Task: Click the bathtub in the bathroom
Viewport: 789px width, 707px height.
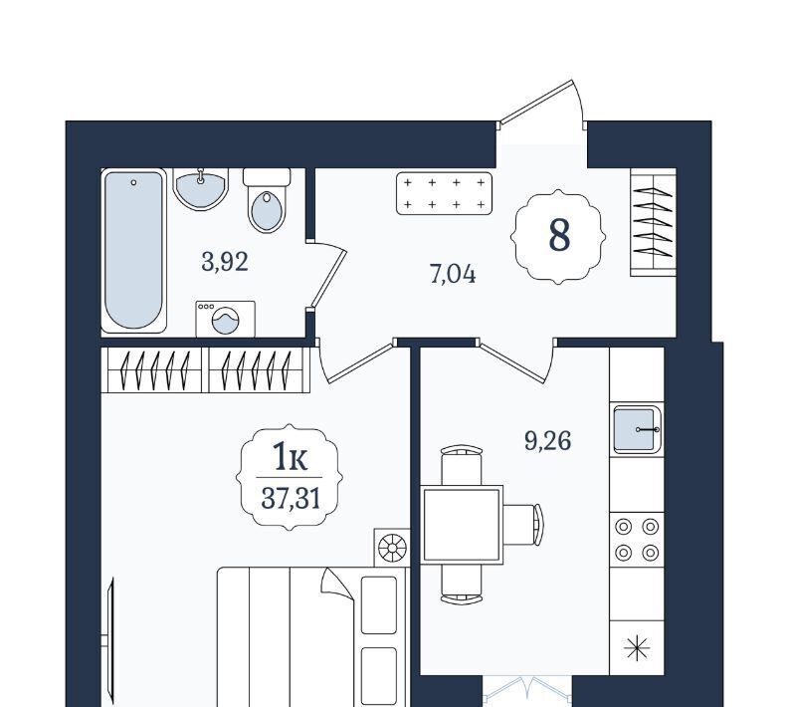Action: tap(134, 250)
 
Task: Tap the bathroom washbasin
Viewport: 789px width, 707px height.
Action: tap(201, 189)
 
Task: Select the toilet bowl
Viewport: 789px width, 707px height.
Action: tap(267, 200)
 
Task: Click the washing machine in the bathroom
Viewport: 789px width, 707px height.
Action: tap(226, 319)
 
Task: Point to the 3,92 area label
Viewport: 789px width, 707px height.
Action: tap(225, 262)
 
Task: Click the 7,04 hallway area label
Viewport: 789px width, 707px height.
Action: tap(453, 275)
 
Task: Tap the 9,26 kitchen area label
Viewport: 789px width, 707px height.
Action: tap(547, 441)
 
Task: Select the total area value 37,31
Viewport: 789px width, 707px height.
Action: tap(291, 499)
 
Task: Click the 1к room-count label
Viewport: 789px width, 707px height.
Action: tap(290, 456)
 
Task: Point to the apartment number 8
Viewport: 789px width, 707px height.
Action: tap(559, 236)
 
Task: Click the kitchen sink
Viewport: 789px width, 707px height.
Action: tap(637, 429)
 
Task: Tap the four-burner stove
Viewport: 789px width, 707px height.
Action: tap(637, 540)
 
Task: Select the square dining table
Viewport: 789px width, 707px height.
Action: tap(463, 525)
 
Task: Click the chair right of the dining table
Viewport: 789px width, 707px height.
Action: tap(523, 525)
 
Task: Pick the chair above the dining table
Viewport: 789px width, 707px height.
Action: tap(462, 465)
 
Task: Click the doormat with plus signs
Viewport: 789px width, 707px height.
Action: tap(444, 193)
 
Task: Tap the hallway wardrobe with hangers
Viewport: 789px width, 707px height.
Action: tap(653, 222)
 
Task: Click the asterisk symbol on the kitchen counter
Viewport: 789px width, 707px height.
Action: tap(637, 647)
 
